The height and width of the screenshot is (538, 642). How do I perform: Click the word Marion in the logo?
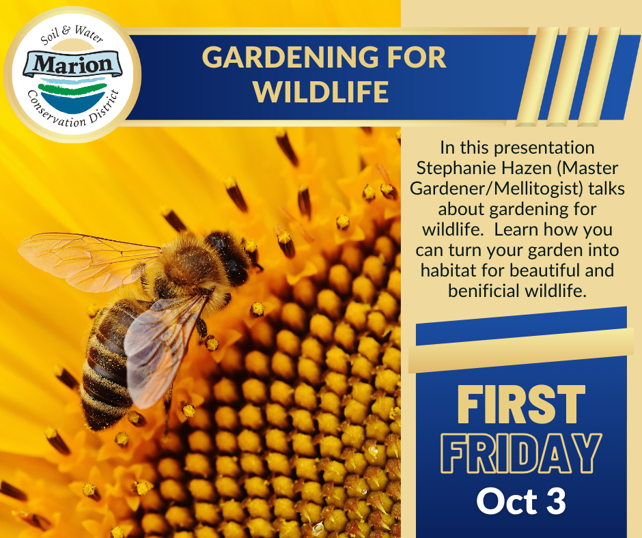[72, 64]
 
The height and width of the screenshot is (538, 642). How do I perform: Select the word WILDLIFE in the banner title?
[321, 91]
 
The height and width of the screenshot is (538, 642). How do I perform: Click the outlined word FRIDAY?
[521, 453]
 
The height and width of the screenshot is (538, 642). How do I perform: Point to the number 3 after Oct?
[557, 500]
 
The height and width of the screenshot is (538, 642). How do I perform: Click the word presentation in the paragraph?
[544, 148]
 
